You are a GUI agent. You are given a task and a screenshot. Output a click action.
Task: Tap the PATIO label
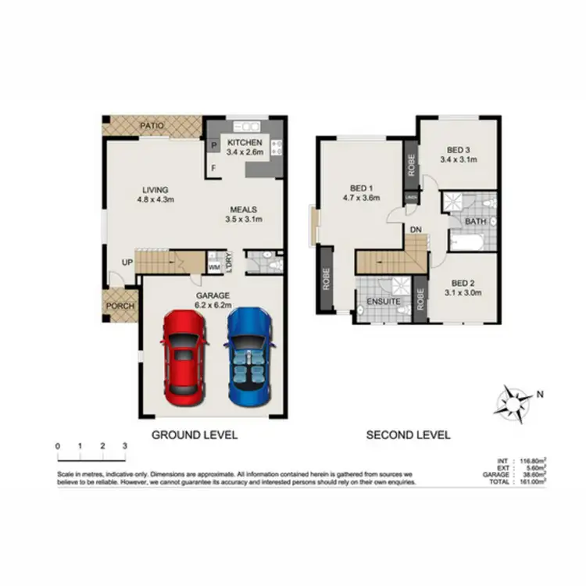tap(152, 125)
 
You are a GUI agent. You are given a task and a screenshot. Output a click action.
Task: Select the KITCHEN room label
tap(245, 143)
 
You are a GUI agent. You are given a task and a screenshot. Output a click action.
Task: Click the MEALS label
tap(245, 209)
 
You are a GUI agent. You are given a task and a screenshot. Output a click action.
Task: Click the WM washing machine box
tap(213, 267)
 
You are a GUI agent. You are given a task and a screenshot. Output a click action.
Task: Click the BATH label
tap(475, 221)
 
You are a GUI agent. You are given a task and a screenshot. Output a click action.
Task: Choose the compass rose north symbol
tap(515, 401)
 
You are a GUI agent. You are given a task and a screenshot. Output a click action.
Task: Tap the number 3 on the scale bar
tap(125, 445)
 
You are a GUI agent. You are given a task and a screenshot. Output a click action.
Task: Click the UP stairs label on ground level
tap(126, 263)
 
